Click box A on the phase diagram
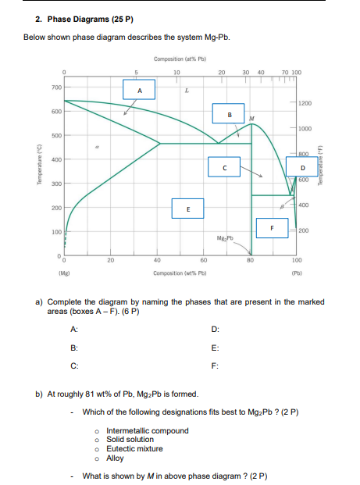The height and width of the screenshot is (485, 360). (140, 90)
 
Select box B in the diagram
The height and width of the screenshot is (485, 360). (229, 116)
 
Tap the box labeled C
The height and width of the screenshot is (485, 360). (224, 166)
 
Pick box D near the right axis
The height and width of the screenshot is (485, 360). (302, 166)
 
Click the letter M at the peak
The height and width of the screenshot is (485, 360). (251, 119)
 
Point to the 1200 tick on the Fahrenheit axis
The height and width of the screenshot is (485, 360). (305, 103)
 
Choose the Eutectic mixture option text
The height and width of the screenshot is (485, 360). (134, 448)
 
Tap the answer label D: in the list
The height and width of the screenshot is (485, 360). (216, 329)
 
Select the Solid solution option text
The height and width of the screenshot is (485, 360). (130, 440)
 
